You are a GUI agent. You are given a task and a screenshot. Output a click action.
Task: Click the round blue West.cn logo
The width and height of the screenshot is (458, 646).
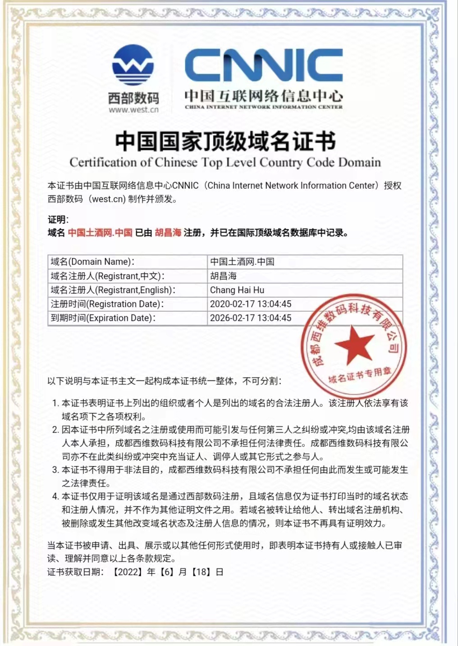(x=133, y=65)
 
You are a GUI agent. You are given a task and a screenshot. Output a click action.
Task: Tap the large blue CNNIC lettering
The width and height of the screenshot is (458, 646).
(x=264, y=66)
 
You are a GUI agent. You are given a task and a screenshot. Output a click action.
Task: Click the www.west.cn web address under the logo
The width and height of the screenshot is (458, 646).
(x=133, y=109)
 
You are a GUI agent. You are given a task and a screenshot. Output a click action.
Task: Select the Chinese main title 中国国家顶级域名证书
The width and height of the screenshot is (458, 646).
(x=225, y=141)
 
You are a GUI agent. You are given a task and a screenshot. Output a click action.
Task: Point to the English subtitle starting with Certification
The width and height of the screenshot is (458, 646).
(x=225, y=162)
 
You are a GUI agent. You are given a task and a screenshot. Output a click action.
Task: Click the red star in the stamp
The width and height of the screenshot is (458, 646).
(x=354, y=345)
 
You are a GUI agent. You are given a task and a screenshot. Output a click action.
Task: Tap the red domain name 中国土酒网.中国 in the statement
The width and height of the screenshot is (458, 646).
(x=100, y=233)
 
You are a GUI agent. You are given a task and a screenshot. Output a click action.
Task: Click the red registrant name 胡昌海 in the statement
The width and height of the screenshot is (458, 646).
(x=168, y=233)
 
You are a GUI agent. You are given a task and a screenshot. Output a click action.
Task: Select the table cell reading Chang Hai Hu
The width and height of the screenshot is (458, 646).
(x=237, y=290)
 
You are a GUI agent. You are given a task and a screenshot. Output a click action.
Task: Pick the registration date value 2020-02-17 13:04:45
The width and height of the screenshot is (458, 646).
(x=251, y=304)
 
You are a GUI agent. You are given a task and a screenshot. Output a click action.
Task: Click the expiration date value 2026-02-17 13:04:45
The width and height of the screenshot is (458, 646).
(x=251, y=318)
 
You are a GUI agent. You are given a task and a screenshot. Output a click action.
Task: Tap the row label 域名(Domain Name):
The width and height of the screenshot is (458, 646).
(x=92, y=262)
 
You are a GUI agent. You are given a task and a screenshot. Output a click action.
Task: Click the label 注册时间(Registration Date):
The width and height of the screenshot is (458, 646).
(x=107, y=304)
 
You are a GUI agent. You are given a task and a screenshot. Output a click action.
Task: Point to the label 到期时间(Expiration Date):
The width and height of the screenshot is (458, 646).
(x=103, y=318)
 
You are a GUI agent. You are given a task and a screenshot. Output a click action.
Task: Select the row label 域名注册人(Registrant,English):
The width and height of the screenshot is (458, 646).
(x=113, y=290)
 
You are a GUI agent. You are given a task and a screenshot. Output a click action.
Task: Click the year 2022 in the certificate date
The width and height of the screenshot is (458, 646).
(x=128, y=572)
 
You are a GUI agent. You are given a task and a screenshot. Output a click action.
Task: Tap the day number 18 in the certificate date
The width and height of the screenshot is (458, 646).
(x=201, y=572)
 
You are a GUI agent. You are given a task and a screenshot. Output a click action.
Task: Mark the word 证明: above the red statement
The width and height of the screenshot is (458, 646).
(x=58, y=220)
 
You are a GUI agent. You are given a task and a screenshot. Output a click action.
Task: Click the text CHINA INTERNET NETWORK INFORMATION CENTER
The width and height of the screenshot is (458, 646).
(x=264, y=107)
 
